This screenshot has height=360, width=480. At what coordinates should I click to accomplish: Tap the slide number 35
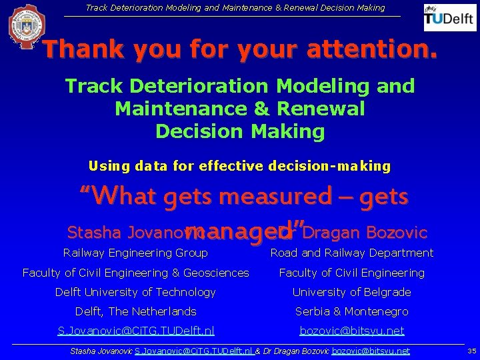[x=471, y=351]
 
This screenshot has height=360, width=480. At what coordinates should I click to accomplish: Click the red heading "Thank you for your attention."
[x=240, y=49]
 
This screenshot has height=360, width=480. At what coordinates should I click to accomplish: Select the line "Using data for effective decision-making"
[x=239, y=166]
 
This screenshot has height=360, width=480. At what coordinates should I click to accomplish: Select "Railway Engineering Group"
[x=135, y=253]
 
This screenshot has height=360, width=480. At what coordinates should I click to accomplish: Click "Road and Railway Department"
[x=351, y=253]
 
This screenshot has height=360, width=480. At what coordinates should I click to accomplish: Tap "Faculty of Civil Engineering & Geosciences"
[x=135, y=273]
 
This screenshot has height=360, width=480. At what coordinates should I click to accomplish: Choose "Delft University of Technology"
[x=135, y=292]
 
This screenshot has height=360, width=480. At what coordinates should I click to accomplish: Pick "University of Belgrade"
[x=351, y=292]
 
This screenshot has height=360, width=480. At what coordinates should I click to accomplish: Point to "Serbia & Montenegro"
[x=351, y=311]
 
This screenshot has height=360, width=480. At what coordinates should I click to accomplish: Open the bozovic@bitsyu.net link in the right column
[x=351, y=331]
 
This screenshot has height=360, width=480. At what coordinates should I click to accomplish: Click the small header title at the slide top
[x=235, y=8]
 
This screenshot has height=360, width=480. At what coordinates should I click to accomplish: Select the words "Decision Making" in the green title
[x=240, y=131]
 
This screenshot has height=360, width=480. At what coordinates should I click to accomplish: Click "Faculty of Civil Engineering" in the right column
[x=351, y=273]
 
